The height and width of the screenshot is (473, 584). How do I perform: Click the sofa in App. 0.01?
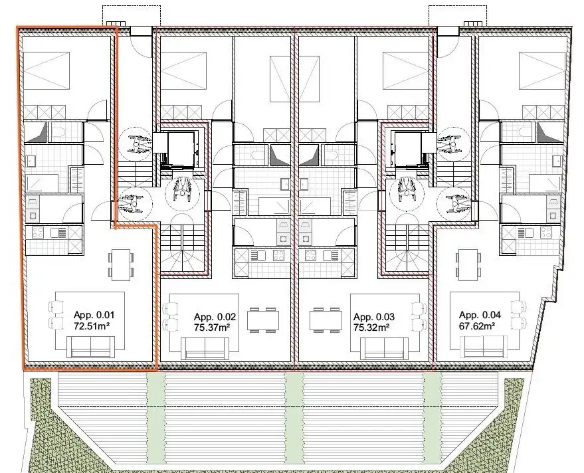click(91, 346)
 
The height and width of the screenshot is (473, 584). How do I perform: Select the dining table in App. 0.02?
click(260, 320)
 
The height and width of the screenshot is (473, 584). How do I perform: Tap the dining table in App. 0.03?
click(326, 320)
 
